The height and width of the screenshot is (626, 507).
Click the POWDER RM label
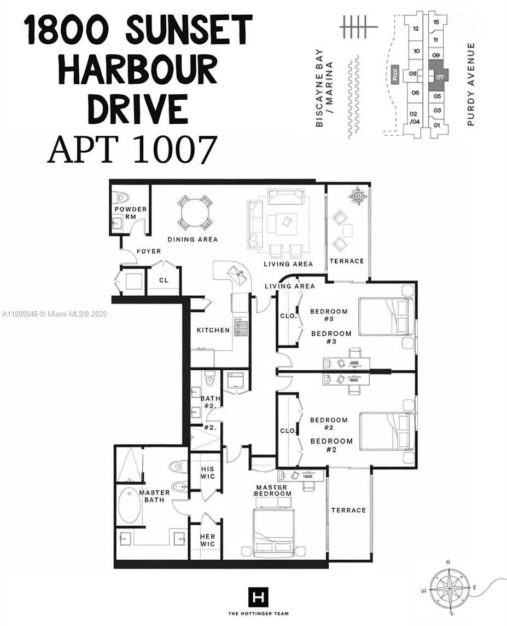click(131, 213)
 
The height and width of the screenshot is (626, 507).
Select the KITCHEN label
click(213, 330)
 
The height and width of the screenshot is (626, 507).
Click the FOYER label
click(149, 251)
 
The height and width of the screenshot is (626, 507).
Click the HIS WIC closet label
click(207, 473)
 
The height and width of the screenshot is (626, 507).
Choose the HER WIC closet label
click(207, 540)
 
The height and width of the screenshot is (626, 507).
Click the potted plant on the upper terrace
click(358, 196)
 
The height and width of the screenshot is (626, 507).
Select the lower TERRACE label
click(348, 510)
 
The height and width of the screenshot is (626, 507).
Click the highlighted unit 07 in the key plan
click(439, 75)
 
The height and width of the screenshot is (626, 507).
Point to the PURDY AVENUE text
click(471, 84)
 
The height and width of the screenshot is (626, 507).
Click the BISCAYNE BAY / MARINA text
click(324, 88)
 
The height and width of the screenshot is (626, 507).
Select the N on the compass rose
click(448, 562)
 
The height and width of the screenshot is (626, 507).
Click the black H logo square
click(258, 598)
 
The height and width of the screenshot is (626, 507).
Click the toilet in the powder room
click(122, 197)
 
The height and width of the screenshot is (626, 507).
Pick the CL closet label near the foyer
click(164, 280)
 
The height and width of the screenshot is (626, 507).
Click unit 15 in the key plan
click(436, 22)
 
